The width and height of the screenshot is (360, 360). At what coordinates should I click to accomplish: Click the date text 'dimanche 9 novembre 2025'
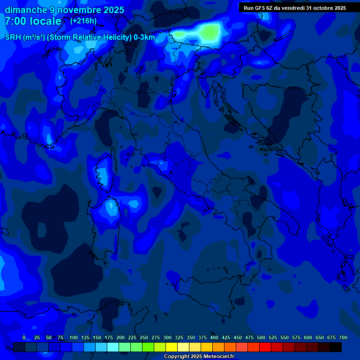[x=64, y=10]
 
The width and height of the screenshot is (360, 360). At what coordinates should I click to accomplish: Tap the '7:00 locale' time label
[x=33, y=21]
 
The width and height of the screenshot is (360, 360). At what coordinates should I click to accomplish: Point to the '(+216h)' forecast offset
[x=83, y=21]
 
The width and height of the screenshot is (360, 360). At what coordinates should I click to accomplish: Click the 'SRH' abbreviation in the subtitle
[x=13, y=37]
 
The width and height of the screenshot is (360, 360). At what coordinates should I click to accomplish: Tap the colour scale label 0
[x=24, y=337]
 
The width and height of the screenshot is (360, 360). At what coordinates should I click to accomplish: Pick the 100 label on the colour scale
[x=74, y=337]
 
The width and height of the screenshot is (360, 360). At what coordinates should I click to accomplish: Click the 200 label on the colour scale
[x=120, y=337]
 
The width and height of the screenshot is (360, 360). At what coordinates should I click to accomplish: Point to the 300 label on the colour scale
[x=167, y=337]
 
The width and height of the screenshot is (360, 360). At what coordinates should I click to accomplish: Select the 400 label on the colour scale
[x=214, y=337]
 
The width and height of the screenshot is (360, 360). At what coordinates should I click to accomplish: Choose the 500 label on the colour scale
[x=261, y=337]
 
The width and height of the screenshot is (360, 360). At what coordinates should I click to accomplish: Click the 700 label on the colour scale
[x=343, y=337]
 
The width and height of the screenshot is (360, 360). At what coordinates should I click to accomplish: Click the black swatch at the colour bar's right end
[x=336, y=347]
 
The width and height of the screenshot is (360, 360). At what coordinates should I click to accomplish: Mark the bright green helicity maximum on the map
[x=209, y=31]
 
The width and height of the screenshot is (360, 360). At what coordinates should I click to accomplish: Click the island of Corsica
[x=103, y=173]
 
